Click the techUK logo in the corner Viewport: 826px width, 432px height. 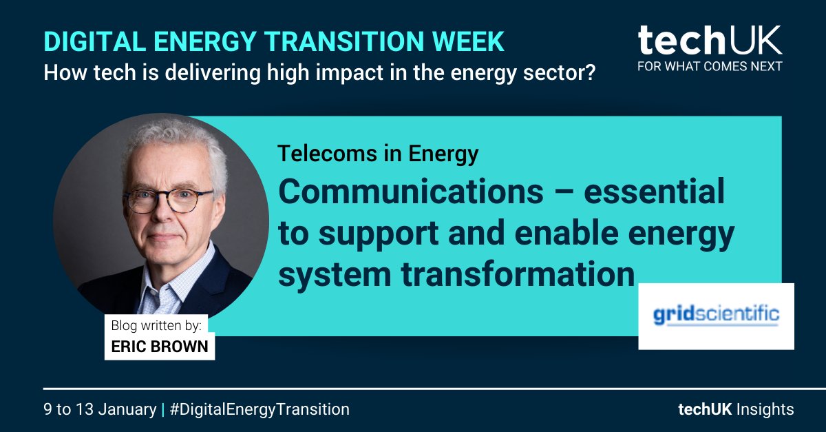coord(710,41)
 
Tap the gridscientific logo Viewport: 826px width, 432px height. coord(716,316)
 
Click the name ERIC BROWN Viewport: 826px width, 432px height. coord(159,346)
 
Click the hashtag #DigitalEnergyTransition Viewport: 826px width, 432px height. coord(260,409)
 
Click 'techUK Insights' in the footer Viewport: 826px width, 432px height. coord(736,409)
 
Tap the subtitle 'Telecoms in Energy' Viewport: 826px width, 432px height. coord(378,154)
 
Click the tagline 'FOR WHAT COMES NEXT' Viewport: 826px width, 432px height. coord(710,67)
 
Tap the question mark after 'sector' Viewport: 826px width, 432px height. coord(589,72)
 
